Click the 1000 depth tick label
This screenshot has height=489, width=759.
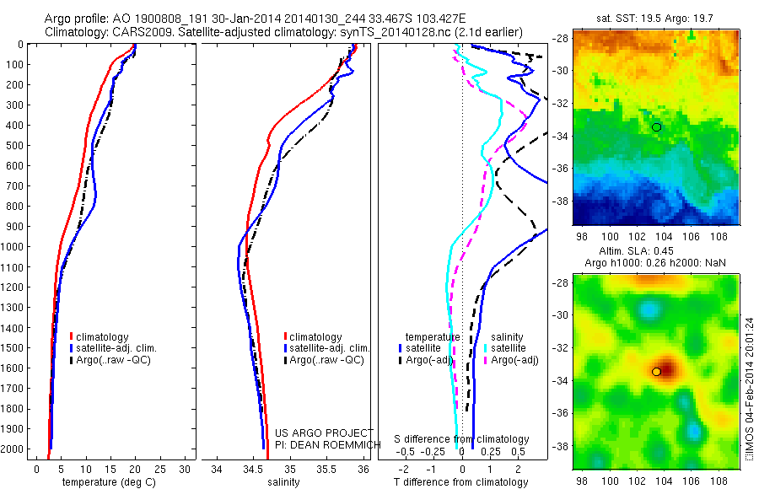[13, 247]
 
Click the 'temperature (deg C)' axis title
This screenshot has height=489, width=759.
[106, 482]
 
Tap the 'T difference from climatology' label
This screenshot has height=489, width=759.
[463, 482]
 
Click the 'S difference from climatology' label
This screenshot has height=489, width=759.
[462, 439]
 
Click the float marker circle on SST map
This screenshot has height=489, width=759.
[657, 126]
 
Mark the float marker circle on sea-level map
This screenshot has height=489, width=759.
[656, 372]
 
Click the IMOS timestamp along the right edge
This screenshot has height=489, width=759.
[750, 388]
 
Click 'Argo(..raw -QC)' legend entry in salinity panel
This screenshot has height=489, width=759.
[326, 360]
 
